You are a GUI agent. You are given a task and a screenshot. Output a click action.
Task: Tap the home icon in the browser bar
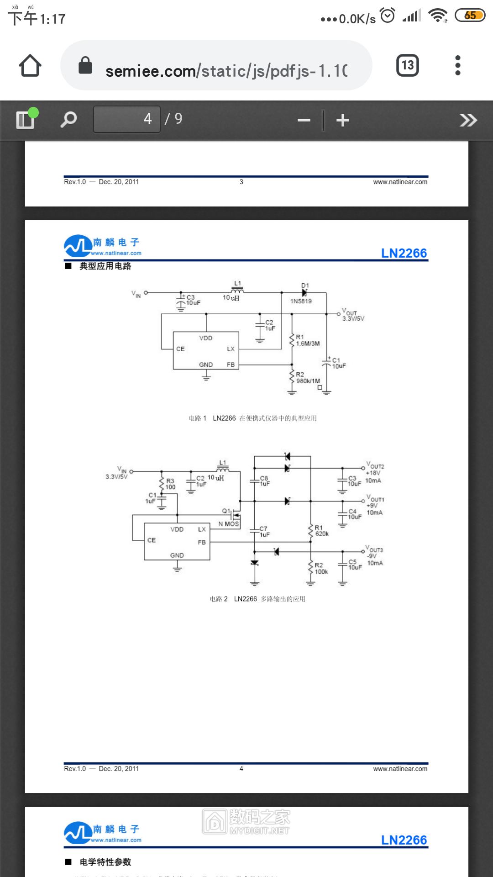coord(30,66)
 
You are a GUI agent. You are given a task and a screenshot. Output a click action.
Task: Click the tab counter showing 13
coord(407,66)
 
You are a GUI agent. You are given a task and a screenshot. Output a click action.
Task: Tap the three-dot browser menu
coord(458,66)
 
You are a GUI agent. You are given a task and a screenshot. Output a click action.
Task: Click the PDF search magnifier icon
coord(68,120)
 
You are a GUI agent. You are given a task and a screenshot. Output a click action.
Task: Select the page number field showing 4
coord(127,119)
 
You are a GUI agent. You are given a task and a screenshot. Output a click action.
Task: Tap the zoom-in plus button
coord(342,120)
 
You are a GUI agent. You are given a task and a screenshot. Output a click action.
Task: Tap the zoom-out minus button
coord(304,120)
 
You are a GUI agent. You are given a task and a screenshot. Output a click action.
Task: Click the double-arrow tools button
coord(468,120)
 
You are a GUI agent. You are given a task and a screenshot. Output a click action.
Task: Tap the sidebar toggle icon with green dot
coord(26,119)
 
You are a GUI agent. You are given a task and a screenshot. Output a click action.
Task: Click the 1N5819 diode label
coord(301,301)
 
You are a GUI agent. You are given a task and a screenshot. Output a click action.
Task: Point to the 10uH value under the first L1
coord(231,298)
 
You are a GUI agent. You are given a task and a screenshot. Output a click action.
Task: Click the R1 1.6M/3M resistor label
coord(307,340)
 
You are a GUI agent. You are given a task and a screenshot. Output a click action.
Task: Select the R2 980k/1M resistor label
coord(307,378)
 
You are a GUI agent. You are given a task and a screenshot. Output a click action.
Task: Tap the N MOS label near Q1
coord(228,524)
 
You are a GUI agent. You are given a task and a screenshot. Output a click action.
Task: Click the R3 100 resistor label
coord(170,484)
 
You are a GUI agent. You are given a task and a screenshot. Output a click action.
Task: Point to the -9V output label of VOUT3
coord(372,556)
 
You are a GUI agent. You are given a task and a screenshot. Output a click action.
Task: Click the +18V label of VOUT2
coord(373,473)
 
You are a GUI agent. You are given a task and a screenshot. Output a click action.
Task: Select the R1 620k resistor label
coord(321,531)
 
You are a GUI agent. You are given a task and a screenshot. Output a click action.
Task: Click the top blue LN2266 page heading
coord(404,253)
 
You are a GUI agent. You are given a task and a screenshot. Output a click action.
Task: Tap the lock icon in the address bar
coord(85,66)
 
